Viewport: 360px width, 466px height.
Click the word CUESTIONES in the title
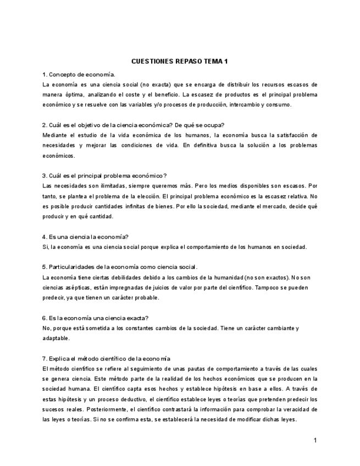[x=152, y=62]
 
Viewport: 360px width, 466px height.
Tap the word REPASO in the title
[x=188, y=62]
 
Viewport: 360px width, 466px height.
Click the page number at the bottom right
[x=315, y=440]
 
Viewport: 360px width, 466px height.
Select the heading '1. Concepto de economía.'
[x=79, y=74]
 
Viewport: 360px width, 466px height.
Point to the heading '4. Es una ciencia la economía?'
[x=85, y=237]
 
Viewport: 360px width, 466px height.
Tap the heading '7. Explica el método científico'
[x=106, y=359]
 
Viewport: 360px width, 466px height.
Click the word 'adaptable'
[x=56, y=339]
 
